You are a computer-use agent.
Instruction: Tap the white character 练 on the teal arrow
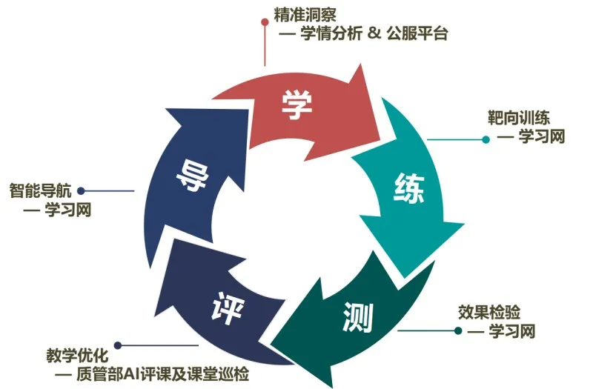408,191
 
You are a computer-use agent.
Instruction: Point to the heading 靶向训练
518,118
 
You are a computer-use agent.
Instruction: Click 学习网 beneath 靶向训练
542,137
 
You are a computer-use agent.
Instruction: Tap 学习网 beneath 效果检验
511,330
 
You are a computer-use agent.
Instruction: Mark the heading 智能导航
40,190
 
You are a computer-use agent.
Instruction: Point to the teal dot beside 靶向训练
486,139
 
